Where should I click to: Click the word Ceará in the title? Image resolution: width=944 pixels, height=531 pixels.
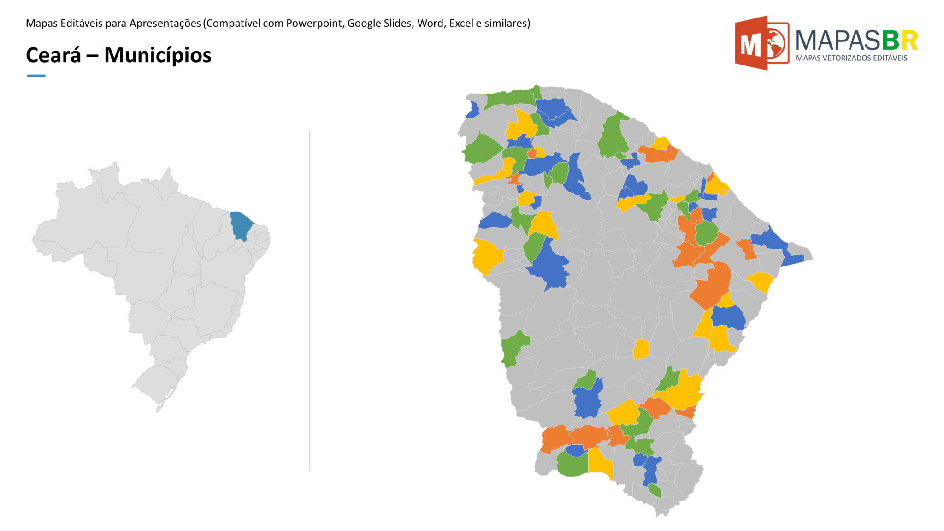tap(53, 55)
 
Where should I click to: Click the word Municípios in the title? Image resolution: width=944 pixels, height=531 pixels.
tap(158, 55)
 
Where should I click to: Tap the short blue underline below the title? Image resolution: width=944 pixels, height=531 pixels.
tap(36, 76)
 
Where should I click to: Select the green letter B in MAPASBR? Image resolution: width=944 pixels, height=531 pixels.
tap(890, 41)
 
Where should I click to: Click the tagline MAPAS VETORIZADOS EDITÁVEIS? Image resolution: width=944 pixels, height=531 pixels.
tap(851, 58)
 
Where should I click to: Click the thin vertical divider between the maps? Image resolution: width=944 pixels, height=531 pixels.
tap(310, 300)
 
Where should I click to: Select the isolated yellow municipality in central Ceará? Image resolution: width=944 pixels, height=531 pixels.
tap(641, 349)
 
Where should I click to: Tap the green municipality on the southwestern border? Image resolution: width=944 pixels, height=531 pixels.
tap(513, 348)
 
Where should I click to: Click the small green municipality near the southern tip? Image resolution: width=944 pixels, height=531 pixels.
tap(655, 490)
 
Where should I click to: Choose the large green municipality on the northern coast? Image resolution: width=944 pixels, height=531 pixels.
tap(613, 136)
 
